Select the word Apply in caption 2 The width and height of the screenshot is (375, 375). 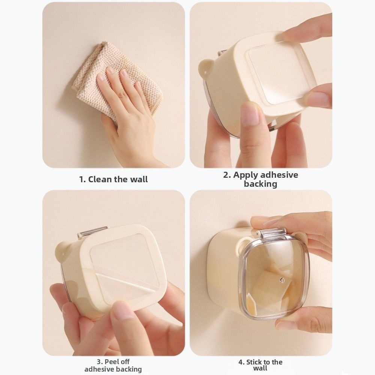[246, 175]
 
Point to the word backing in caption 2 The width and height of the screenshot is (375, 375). [261, 184]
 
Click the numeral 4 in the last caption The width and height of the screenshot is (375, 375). [241, 362]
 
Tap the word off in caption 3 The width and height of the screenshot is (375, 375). [124, 362]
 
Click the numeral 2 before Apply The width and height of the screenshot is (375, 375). [226, 175]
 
